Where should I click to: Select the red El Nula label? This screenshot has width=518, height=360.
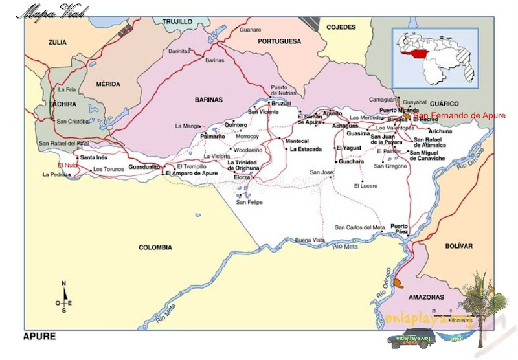click(67, 165)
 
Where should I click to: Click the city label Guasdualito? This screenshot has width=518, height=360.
click(144, 167)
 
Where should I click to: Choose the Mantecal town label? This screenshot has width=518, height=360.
click(297, 141)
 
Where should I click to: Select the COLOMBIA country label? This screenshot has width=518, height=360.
click(155, 247)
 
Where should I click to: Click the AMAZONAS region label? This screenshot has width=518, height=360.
click(426, 297)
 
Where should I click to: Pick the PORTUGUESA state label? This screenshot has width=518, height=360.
click(279, 41)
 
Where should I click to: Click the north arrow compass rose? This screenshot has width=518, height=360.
click(63, 298)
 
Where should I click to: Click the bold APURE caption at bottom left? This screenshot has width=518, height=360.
click(39, 337)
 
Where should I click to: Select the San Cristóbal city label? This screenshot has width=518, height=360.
click(73, 121)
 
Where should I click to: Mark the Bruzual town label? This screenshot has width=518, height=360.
click(281, 104)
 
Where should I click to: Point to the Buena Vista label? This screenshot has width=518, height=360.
click(310, 240)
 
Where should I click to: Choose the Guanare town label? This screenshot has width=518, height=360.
click(250, 30)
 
